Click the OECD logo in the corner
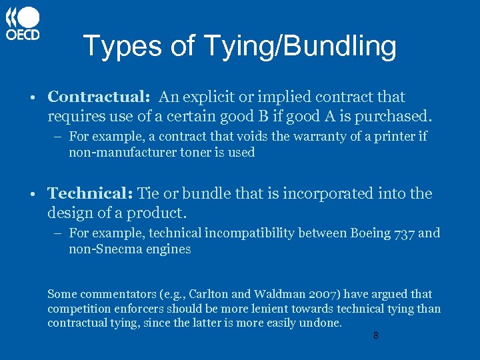(23, 24)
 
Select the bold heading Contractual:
(99, 97)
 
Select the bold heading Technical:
(90, 194)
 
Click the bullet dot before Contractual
(33, 97)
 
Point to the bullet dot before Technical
(33, 195)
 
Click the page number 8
(376, 336)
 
